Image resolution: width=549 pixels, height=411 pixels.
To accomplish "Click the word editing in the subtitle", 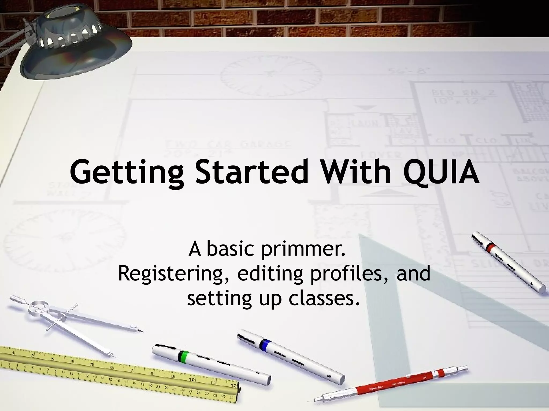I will [x=270, y=273].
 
